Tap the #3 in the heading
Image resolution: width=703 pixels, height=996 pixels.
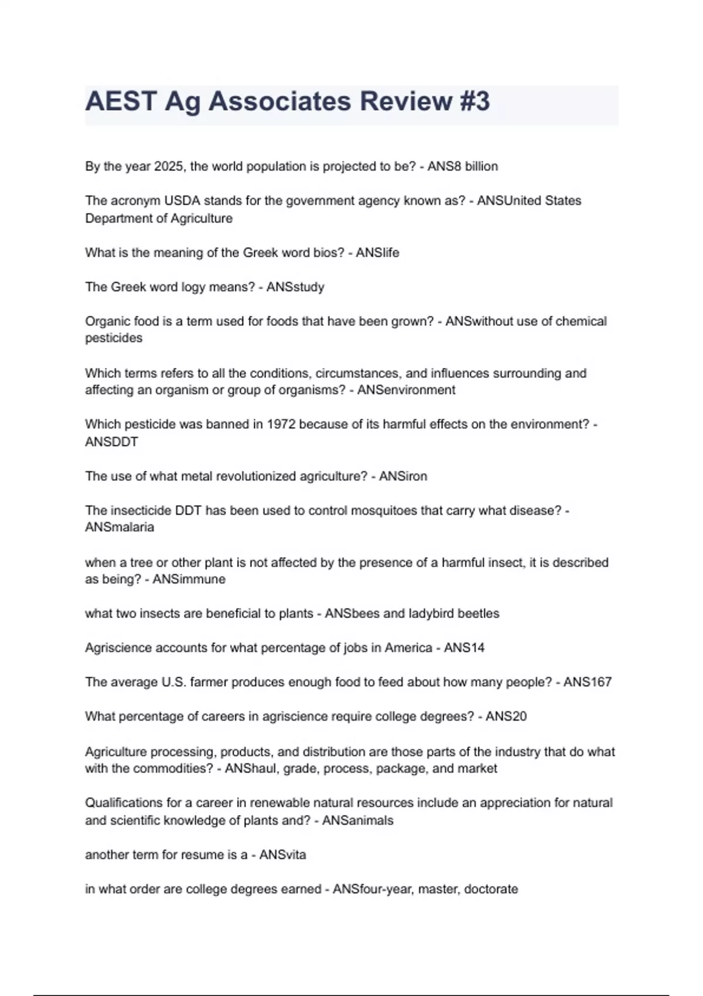(474, 101)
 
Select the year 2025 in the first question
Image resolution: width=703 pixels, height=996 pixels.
(169, 166)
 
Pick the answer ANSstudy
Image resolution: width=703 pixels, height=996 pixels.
(295, 287)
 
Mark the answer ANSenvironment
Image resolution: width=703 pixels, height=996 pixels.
(406, 390)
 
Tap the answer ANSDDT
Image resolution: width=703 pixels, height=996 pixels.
(111, 442)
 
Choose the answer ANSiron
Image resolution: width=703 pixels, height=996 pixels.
(403, 476)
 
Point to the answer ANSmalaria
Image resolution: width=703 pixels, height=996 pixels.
(120, 527)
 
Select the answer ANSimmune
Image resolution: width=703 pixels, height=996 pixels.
(189, 579)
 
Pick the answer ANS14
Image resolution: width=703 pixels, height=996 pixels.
(464, 648)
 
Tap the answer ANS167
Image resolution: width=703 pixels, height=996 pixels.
(587, 682)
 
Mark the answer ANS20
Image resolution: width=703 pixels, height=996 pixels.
(506, 717)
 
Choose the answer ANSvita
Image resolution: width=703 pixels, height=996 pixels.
(282, 855)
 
